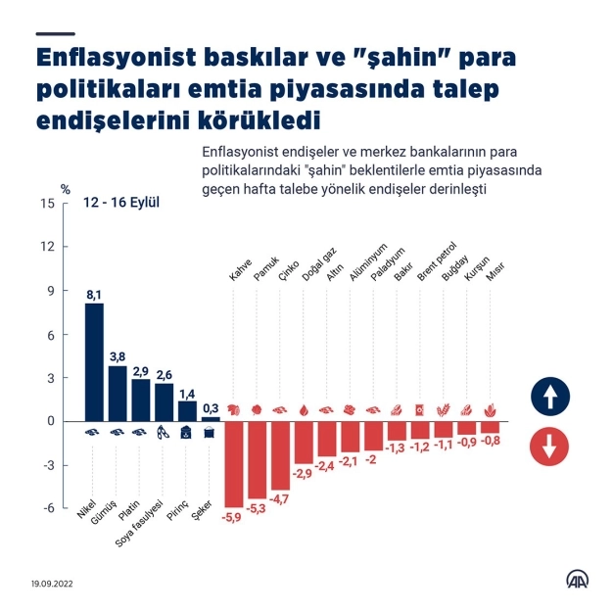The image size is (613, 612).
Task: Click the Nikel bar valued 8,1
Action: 94,361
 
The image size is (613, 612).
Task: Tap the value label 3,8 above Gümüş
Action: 118,356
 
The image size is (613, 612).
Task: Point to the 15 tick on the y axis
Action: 47,204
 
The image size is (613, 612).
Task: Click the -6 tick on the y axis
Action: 48,507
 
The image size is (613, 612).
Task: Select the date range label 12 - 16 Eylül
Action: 121,204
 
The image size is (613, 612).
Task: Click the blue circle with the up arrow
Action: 549,396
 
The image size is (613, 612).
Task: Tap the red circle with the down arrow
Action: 549,447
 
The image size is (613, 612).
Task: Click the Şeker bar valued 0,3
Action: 211,418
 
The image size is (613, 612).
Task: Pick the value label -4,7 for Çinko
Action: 280,498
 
